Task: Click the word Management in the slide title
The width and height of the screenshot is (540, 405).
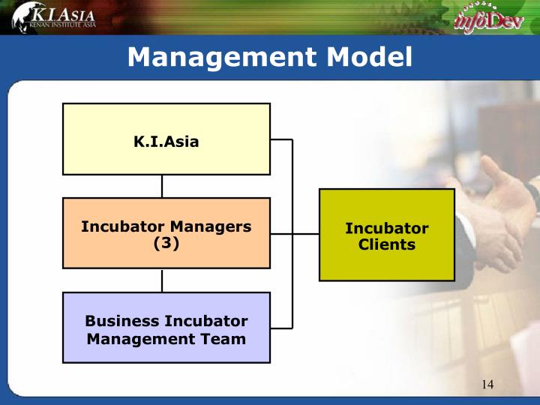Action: (x=222, y=57)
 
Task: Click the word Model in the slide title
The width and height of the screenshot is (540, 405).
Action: (x=370, y=57)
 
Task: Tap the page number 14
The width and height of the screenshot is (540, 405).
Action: (x=487, y=384)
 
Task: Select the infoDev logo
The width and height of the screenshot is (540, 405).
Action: (x=488, y=19)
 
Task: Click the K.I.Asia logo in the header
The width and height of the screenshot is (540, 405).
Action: (x=54, y=17)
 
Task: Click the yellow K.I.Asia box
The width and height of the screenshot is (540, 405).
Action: (x=166, y=139)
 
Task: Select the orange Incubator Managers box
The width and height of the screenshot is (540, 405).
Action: (x=166, y=233)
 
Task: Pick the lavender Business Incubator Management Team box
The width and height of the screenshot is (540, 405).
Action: (x=166, y=328)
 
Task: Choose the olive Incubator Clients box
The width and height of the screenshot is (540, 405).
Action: (x=387, y=235)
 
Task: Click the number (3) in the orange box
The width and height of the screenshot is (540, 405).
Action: (x=166, y=243)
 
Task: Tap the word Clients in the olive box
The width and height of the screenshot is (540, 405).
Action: (x=387, y=244)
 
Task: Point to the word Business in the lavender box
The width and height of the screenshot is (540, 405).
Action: (x=121, y=321)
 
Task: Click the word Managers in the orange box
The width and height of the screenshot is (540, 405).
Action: (x=211, y=227)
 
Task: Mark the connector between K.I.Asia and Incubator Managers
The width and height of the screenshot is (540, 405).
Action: (x=162, y=186)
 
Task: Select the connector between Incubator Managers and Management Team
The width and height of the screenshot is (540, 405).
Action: (x=162, y=280)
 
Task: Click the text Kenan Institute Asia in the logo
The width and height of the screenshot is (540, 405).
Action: (x=62, y=25)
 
